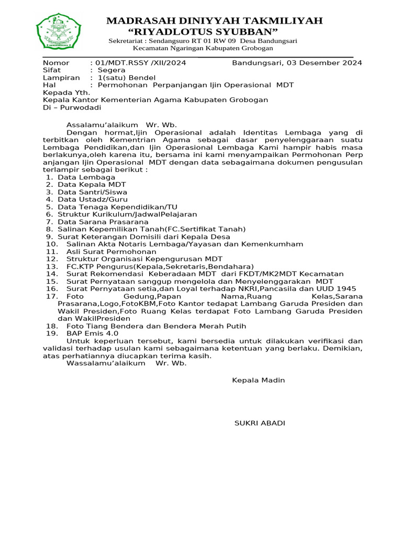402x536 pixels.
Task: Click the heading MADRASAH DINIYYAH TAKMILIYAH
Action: tap(214, 21)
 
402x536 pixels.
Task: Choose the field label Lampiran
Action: tap(61, 77)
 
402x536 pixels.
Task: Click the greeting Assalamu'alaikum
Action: tap(100, 125)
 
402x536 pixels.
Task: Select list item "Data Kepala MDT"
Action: tap(91, 184)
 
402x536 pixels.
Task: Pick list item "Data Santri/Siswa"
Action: tap(92, 192)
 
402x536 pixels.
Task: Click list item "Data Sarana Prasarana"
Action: tap(103, 222)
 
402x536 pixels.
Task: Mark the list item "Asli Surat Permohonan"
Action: tap(107, 251)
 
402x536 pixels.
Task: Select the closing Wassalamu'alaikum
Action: tap(105, 363)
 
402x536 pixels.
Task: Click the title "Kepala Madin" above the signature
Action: tap(259, 380)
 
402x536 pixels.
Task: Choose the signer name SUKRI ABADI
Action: tap(260, 423)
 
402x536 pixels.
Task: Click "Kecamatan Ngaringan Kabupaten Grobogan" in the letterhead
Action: tap(203, 48)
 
